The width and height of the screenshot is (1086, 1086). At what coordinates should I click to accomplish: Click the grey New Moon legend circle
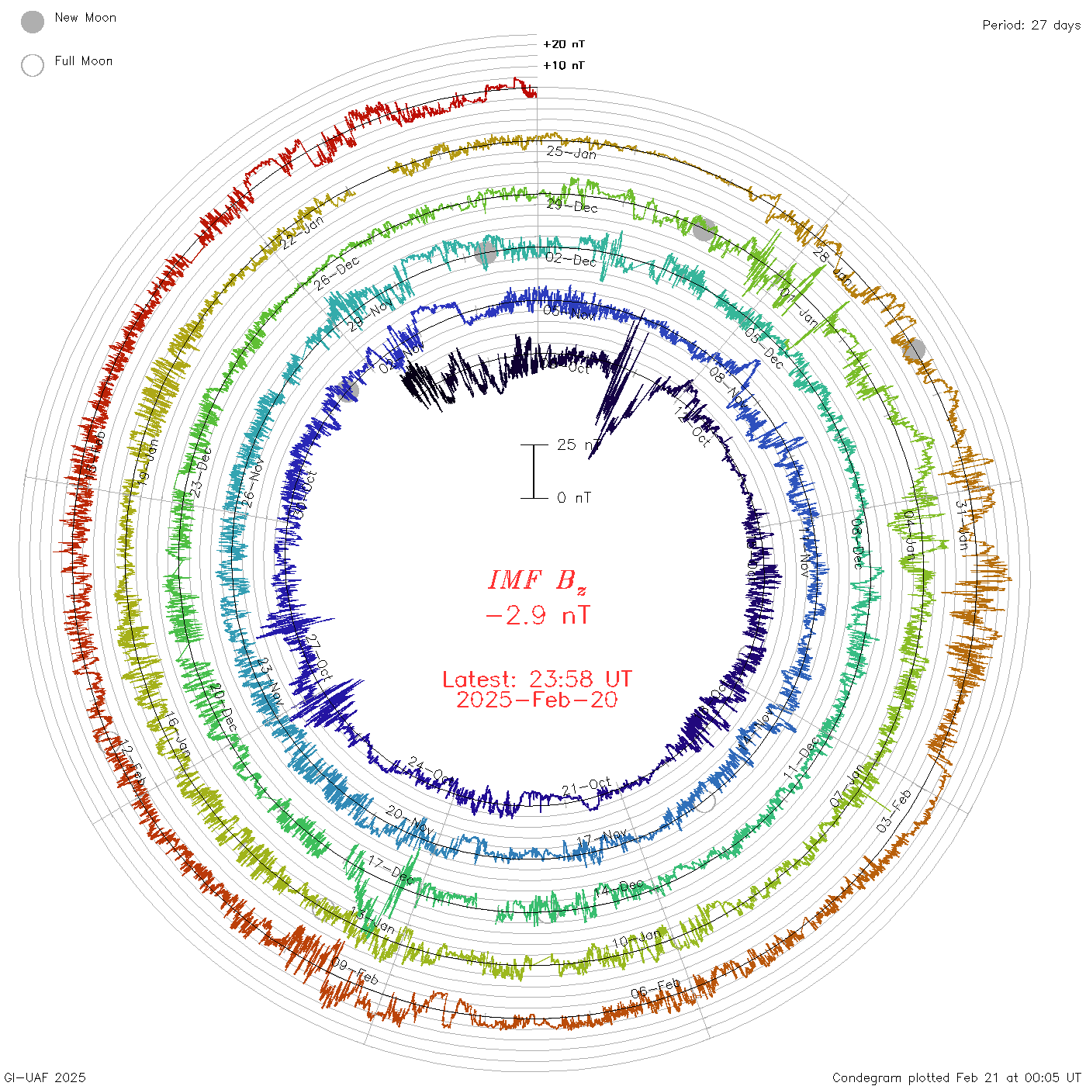33,22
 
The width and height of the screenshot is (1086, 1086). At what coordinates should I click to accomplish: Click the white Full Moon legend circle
33,65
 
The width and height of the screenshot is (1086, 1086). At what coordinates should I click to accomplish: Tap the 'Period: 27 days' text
1031,25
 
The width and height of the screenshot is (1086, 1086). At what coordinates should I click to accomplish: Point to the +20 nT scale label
564,44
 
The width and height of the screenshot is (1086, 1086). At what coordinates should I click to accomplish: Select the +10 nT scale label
564,65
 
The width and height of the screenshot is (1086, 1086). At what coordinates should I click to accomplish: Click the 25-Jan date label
572,153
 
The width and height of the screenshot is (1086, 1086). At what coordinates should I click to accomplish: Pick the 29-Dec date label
572,206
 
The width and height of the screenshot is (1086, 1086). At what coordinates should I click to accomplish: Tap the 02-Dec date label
572,259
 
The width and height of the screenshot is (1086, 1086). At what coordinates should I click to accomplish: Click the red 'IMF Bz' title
537,580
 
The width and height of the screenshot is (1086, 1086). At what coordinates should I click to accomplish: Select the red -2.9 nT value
537,616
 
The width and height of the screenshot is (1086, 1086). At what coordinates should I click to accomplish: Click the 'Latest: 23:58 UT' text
537,680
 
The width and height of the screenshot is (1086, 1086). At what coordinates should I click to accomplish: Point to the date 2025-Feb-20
537,700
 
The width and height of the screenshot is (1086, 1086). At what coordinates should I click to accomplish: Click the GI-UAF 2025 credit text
44,1077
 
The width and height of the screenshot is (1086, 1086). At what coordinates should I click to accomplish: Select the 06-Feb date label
655,988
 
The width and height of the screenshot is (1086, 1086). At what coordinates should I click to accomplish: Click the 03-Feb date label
894,811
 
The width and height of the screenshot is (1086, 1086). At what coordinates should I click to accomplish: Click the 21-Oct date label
586,787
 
